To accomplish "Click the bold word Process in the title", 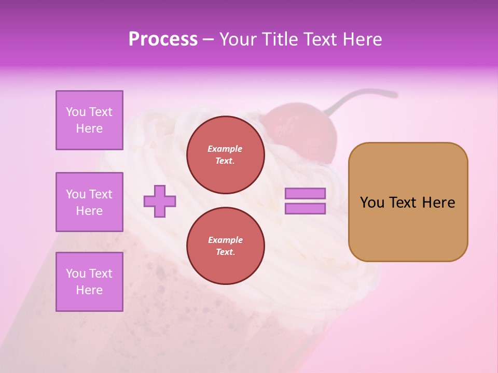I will click(163, 39).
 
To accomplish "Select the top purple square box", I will click(89, 120).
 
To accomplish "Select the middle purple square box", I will click(89, 202).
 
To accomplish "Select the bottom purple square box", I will click(89, 281).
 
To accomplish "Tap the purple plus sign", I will click(160, 201).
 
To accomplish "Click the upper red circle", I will click(225, 155).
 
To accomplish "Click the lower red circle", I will click(225, 246).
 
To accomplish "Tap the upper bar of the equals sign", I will click(305, 194).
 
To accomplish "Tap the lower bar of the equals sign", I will click(305, 209).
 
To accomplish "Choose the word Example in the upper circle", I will click(225, 149).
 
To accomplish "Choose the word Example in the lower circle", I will click(225, 240).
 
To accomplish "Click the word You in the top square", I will click(76, 112).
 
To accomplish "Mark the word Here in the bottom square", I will click(89, 290).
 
